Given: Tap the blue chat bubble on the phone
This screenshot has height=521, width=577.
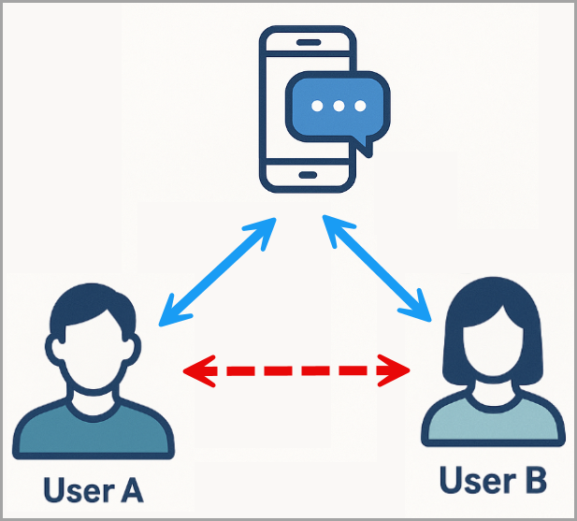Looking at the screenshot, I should click(x=338, y=107).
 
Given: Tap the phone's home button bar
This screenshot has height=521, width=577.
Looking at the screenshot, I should click(x=309, y=175).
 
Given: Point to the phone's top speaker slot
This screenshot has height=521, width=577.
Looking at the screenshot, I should click(x=309, y=43).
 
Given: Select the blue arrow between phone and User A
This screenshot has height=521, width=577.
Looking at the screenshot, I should click(x=218, y=272).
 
